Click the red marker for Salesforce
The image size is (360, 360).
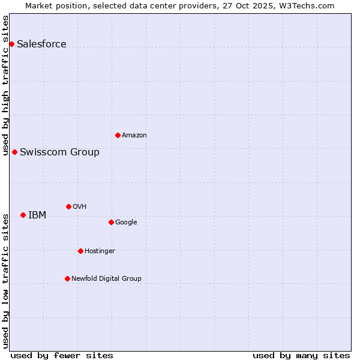(x=11, y=44)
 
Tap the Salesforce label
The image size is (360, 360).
(x=41, y=44)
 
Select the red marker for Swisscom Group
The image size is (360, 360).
(x=14, y=152)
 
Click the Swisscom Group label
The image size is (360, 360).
(x=59, y=152)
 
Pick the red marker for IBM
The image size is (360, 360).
(x=23, y=215)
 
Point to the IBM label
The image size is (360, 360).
(x=37, y=215)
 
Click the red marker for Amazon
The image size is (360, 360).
(x=118, y=135)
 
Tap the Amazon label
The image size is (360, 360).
(x=134, y=135)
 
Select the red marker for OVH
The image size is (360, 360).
(x=68, y=206)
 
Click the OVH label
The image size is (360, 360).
(x=80, y=206)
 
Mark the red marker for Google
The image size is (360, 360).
(x=111, y=222)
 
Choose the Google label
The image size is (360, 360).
(x=126, y=222)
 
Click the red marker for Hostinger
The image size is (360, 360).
(x=80, y=251)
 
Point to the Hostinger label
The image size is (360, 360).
(x=100, y=251)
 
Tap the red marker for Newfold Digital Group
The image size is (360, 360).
(x=67, y=278)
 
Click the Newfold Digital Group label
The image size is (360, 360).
(x=106, y=278)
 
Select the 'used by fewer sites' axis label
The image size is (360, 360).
(x=62, y=355)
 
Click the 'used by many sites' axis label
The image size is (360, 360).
(x=301, y=355)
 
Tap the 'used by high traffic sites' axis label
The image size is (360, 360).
(x=5, y=85)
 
